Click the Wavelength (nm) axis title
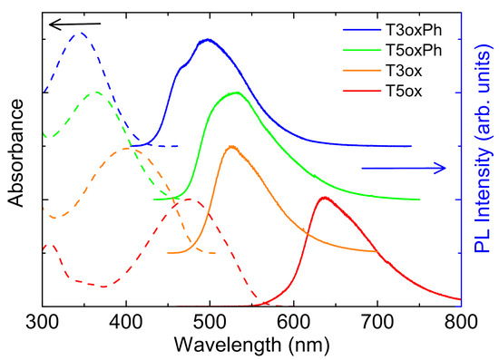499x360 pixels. point(251,345)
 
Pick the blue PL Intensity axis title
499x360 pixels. point(481,154)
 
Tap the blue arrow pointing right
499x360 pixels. point(404,167)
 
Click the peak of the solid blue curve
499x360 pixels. point(208,40)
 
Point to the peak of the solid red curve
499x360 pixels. point(324,198)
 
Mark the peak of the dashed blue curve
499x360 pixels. point(79,33)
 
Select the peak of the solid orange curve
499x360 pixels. point(230,146)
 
